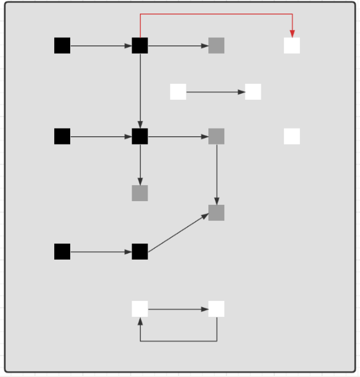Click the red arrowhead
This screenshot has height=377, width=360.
[x=292, y=34]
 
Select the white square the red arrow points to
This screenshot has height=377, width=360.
[x=292, y=45]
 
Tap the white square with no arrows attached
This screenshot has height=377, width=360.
[x=292, y=136]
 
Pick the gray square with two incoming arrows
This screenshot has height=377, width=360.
[x=217, y=213]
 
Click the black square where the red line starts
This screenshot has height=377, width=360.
[x=140, y=45]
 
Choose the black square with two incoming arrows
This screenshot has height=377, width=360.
[x=140, y=136]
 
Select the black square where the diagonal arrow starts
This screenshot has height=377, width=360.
[x=140, y=251]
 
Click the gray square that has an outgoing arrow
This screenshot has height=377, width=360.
[x=217, y=136]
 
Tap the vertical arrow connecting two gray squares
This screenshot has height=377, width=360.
[x=217, y=174]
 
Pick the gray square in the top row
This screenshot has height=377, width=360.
[x=217, y=45]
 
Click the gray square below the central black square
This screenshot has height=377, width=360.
[x=140, y=193]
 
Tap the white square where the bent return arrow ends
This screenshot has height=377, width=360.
[x=140, y=309]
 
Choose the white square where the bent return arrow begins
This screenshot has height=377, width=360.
[x=217, y=309]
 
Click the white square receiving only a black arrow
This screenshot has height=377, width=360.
[x=253, y=92]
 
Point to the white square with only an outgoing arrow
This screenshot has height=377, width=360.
[x=178, y=92]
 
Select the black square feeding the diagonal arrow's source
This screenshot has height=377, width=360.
[x=62, y=251]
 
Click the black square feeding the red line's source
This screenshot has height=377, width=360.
[x=62, y=45]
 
